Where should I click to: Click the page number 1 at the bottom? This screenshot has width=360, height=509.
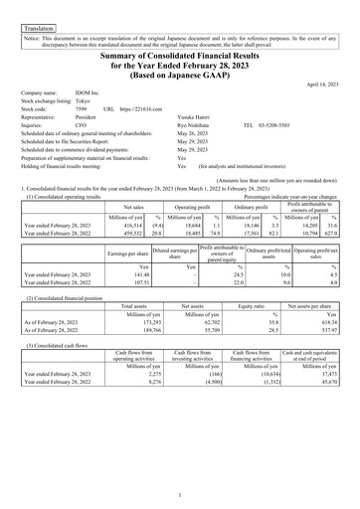pos(180,492)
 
